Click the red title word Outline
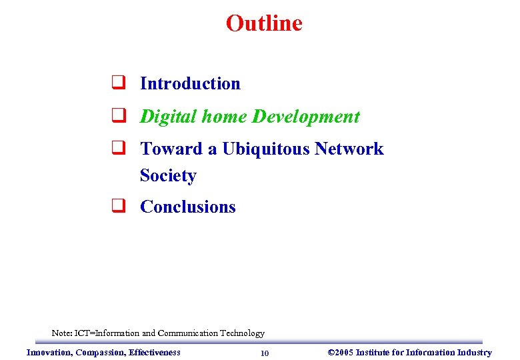[x=264, y=23]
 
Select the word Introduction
[x=190, y=84]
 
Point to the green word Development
[x=306, y=117]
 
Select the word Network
[x=349, y=149]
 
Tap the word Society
[x=168, y=175]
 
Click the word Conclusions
[x=188, y=207]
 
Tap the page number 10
[x=265, y=353]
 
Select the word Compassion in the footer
[x=101, y=352]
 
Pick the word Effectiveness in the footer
[x=155, y=352]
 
